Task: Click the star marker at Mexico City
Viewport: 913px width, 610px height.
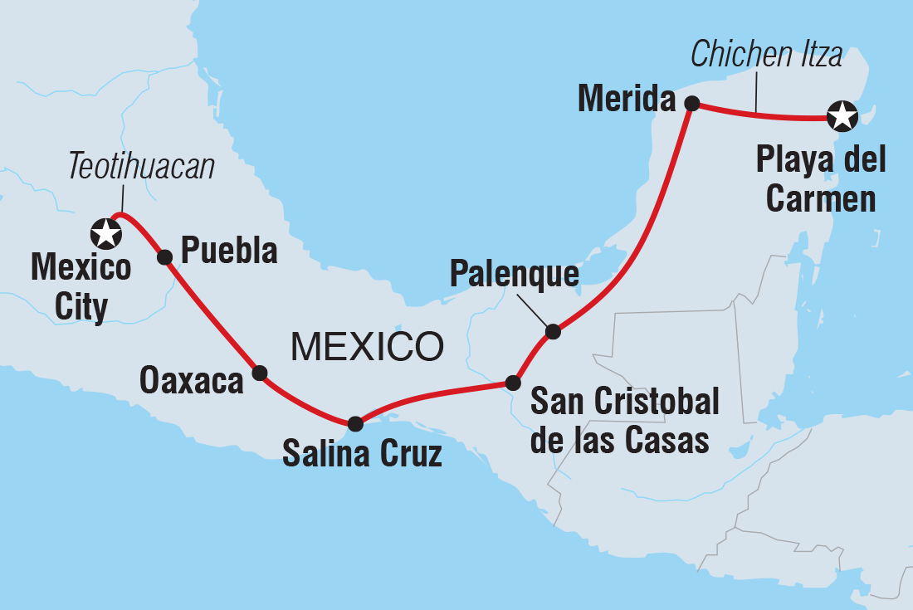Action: point(106,233)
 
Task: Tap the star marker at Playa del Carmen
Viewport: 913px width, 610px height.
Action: point(842,117)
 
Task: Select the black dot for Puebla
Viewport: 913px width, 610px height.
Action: point(164,257)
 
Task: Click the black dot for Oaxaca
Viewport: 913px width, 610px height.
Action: point(260,373)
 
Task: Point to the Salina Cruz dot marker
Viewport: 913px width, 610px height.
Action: point(355,424)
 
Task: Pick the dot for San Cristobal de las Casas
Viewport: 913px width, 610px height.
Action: point(513,383)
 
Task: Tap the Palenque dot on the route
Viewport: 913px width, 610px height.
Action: point(553,332)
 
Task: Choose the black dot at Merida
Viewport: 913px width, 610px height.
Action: point(691,104)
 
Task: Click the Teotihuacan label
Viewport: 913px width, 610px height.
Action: point(141,167)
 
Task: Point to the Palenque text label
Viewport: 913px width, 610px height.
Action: point(514,275)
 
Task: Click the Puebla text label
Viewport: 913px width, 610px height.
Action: point(228,251)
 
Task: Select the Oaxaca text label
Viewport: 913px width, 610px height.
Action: point(191,380)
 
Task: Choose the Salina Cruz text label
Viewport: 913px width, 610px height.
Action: point(362,455)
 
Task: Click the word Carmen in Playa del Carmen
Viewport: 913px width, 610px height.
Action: point(820,199)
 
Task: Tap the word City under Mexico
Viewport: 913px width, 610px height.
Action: point(81,308)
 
